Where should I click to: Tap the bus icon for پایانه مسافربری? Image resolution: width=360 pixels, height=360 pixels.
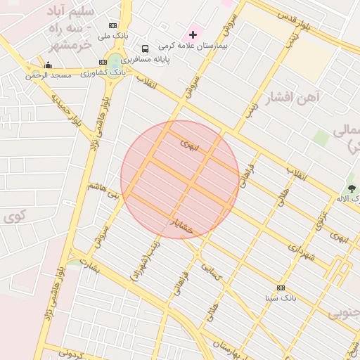tap(145, 49)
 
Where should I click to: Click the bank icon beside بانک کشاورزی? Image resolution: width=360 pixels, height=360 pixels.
tap(103, 63)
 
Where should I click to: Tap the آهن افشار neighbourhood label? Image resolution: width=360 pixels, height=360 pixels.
tap(293, 97)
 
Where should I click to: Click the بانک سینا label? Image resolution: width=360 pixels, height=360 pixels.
tap(281, 298)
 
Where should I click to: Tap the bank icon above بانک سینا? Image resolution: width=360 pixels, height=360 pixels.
tap(281, 288)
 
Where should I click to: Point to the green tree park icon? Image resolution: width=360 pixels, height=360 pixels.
tap(351, 188)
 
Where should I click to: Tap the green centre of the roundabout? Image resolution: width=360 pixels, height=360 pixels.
tap(115, 63)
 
